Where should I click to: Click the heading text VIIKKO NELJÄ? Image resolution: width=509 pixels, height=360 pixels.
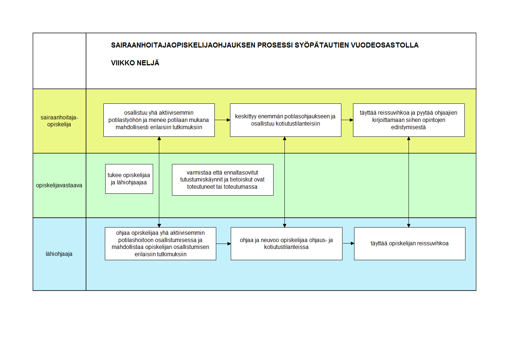[135, 63]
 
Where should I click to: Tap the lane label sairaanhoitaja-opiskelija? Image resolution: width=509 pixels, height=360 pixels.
[59, 121]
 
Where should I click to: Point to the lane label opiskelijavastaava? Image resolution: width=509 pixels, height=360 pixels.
[59, 185]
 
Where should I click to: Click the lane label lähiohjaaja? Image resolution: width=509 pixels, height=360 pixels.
[59, 254]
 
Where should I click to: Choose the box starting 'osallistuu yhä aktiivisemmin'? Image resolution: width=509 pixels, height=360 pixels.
[159, 120]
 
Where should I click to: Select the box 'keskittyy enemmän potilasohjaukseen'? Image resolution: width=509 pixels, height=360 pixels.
[286, 120]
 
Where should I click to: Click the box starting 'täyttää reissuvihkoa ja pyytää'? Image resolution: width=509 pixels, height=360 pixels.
[409, 120]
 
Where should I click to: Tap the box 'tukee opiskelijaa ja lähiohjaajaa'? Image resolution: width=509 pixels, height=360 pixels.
[129, 179]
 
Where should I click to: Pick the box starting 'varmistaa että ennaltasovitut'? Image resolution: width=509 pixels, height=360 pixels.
[223, 180]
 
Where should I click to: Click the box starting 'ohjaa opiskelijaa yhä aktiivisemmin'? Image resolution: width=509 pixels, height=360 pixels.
[160, 244]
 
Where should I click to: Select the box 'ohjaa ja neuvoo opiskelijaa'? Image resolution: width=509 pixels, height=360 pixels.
[287, 244]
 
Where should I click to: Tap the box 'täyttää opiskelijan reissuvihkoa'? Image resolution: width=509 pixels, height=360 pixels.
[410, 244]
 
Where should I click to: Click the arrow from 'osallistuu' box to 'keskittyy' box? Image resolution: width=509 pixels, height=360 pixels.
[222, 120]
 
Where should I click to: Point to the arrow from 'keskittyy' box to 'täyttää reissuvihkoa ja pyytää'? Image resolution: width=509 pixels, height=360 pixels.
[347, 120]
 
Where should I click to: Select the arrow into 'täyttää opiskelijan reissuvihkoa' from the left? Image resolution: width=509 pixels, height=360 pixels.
[348, 244]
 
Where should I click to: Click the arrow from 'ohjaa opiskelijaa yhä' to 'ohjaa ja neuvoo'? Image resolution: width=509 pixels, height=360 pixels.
[223, 244]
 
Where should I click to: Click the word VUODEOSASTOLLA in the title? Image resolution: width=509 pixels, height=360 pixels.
[385, 45]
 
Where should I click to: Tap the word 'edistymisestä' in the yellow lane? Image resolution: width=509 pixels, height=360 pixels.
[409, 127]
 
